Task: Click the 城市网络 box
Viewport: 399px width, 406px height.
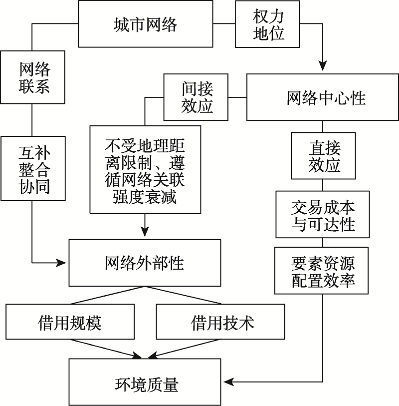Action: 145,24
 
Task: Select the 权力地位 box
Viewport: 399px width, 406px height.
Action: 268,24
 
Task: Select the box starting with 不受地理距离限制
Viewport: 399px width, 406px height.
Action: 145,170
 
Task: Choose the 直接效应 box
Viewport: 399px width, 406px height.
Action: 324,156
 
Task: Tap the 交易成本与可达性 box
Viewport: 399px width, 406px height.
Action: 323,216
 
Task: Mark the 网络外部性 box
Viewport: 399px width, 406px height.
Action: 145,263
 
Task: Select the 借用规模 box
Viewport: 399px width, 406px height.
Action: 70,322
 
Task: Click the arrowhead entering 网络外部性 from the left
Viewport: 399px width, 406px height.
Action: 63,263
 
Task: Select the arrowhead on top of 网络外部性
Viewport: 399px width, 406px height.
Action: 145,232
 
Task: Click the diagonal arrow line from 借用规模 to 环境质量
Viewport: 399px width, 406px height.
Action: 105,349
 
